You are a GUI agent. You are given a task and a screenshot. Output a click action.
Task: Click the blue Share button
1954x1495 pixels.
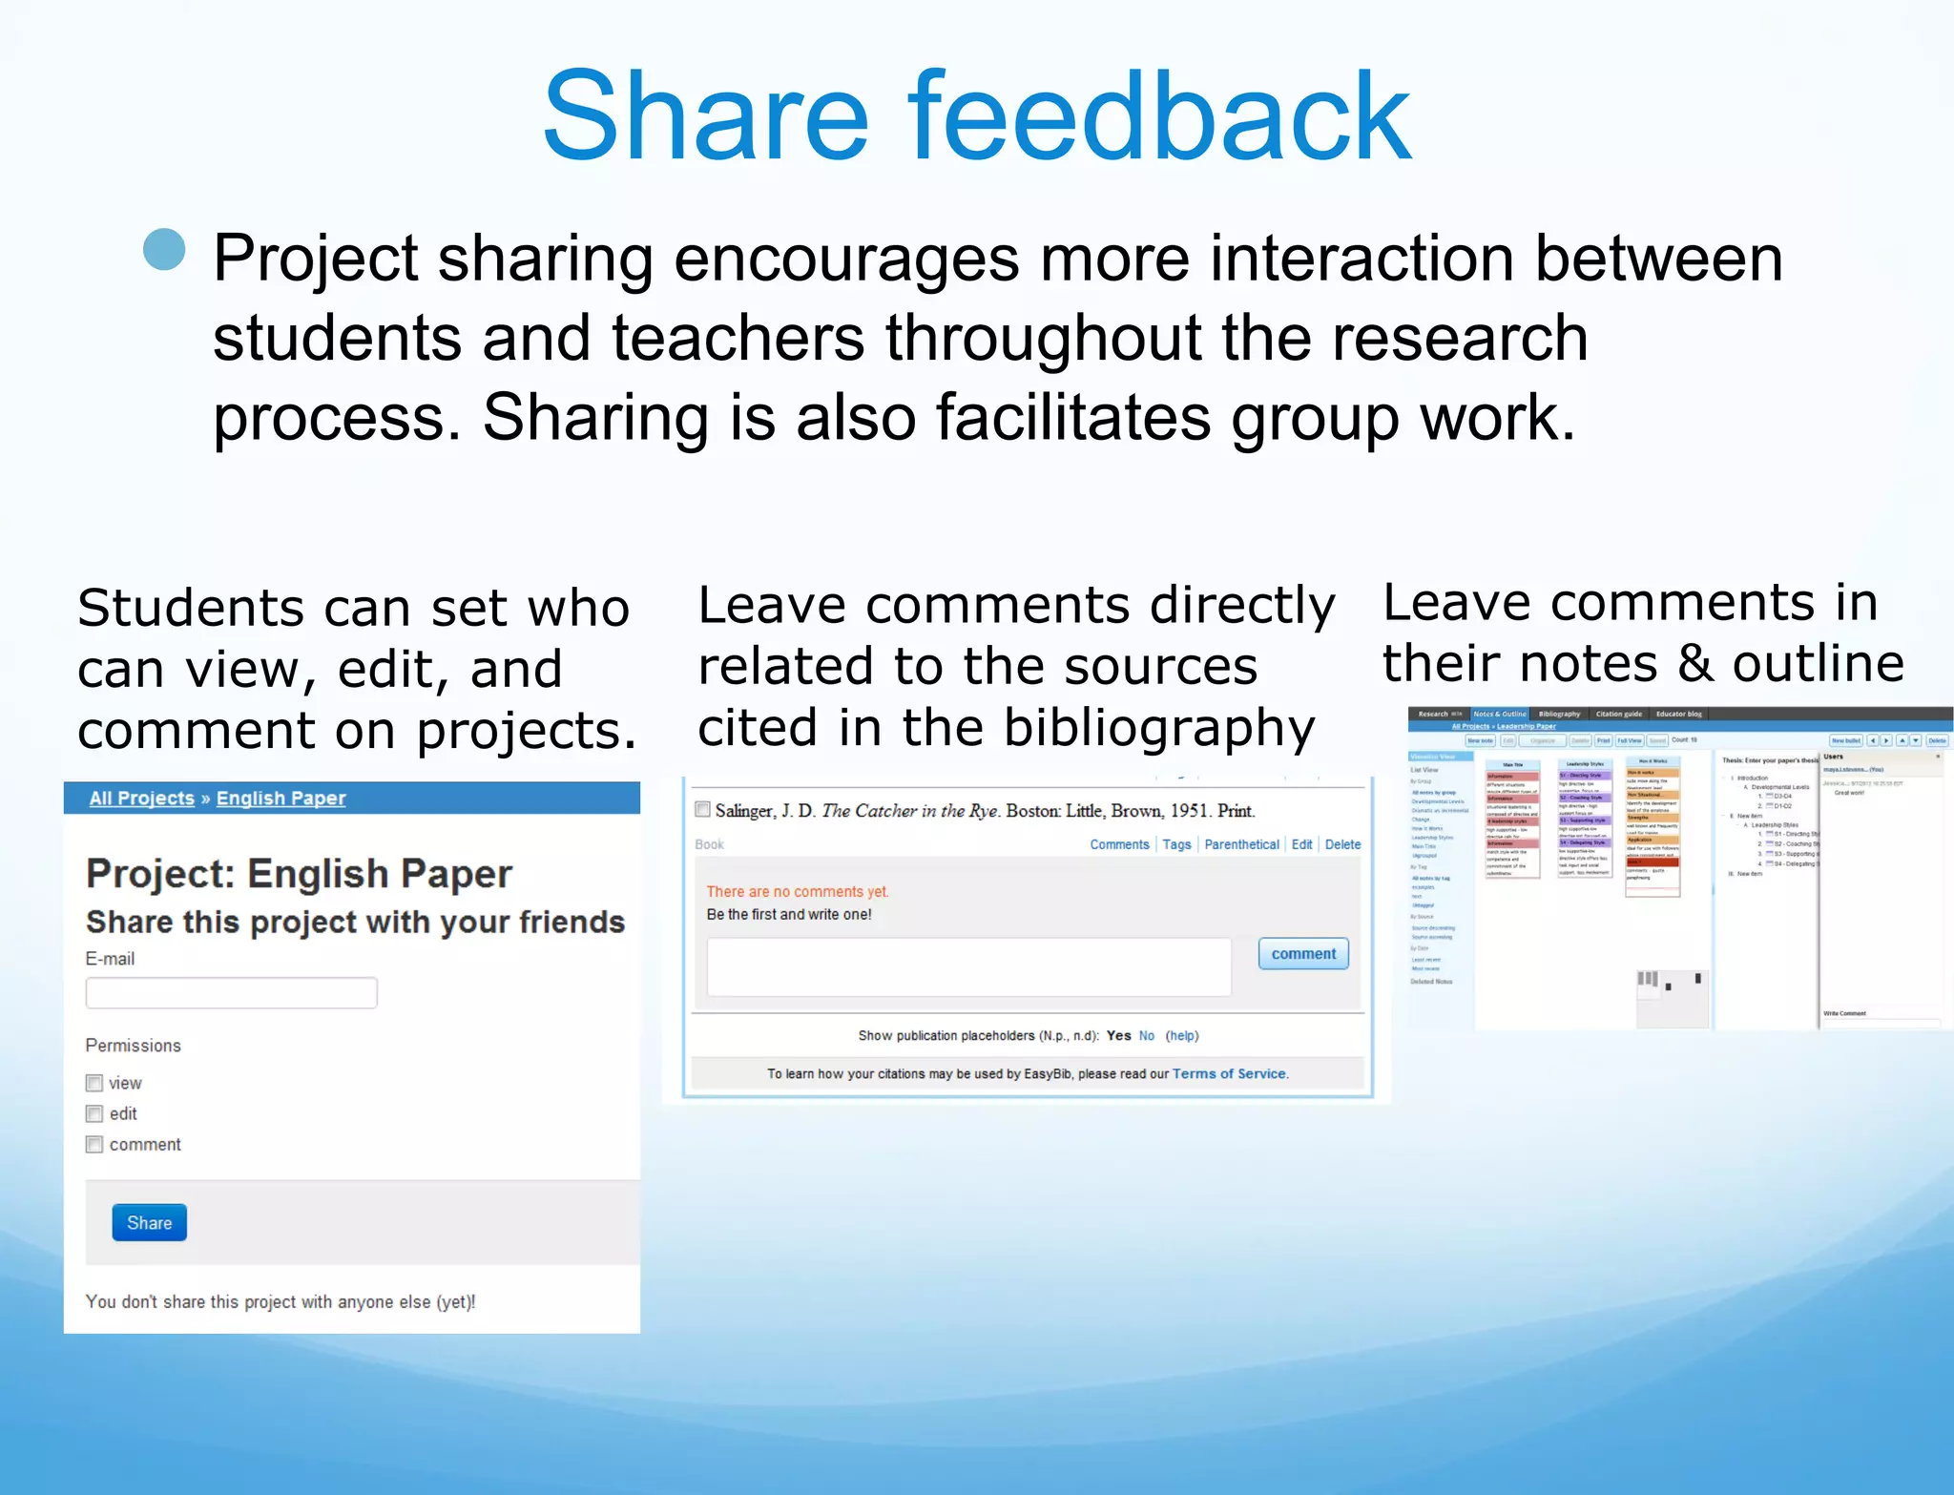(149, 1222)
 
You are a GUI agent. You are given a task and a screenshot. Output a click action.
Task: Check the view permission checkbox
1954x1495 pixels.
(94, 1083)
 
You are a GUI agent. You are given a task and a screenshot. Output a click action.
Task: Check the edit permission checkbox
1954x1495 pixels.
(94, 1113)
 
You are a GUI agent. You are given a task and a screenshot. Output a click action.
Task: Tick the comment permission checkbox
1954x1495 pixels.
(94, 1144)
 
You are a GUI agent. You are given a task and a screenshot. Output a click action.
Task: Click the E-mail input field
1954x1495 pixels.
(231, 993)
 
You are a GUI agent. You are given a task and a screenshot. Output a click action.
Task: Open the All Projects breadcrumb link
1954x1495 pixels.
(141, 798)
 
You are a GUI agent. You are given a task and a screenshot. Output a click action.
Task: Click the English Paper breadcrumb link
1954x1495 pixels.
(281, 798)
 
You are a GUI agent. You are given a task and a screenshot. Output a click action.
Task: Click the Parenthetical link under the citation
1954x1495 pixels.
(1241, 844)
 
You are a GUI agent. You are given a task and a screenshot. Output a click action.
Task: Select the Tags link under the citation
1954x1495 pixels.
(1176, 844)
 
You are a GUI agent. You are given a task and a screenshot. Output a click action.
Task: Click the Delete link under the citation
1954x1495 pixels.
(1342, 844)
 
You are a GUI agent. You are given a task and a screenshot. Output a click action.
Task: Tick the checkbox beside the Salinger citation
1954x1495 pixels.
(703, 809)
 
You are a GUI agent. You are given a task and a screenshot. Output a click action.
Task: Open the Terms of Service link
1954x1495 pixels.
(1229, 1073)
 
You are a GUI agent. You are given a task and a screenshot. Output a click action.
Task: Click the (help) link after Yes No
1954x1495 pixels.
(1182, 1035)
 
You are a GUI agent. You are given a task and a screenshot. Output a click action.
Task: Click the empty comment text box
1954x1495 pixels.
(968, 966)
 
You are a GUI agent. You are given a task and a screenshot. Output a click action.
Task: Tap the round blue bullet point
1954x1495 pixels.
(164, 250)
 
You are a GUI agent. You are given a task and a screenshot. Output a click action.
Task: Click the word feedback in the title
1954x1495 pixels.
(1158, 116)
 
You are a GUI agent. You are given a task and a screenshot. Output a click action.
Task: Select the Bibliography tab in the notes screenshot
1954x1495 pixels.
(1559, 714)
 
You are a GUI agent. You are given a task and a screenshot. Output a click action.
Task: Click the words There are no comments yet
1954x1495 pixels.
(797, 891)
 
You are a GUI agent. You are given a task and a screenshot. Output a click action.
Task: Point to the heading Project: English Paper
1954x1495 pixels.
(299, 873)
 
